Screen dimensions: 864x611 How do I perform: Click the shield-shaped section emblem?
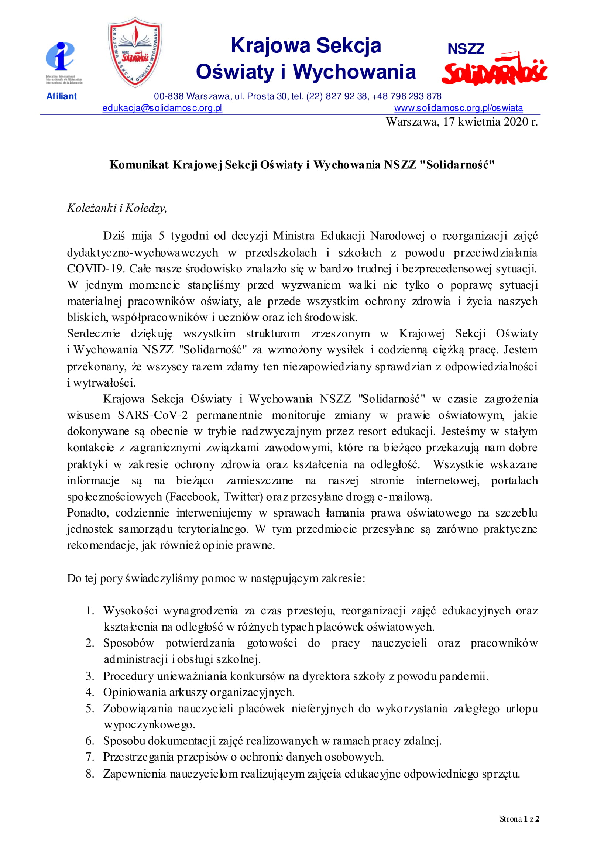(135, 52)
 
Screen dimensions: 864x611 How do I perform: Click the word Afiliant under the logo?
(61, 96)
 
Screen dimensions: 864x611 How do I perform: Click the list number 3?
(90, 676)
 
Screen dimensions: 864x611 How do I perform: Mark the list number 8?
(90, 774)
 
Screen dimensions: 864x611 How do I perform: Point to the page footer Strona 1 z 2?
(519, 819)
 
